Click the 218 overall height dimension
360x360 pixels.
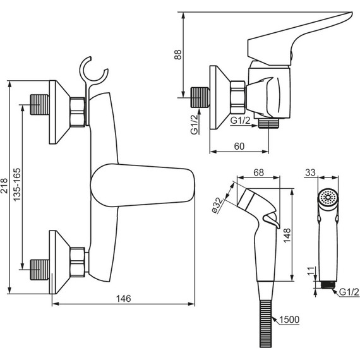[x=5, y=186]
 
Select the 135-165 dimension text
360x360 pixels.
[x=17, y=185]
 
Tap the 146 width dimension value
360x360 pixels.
[x=124, y=299]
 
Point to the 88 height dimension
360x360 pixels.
[x=178, y=55]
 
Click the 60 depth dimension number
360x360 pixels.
[x=239, y=147]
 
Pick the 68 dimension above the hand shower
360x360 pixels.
[x=258, y=172]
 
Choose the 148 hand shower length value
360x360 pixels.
[x=287, y=236]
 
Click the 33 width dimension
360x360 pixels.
[x=310, y=172]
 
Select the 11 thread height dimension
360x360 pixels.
[x=310, y=271]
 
